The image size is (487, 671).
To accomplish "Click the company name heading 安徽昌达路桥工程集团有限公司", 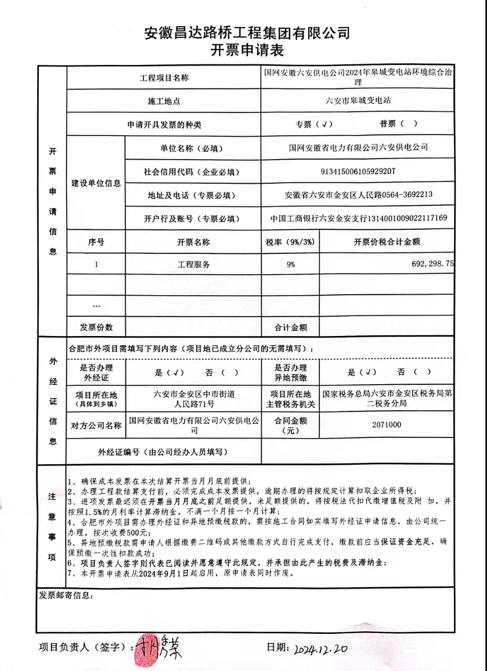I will pyautogui.click(x=247, y=34).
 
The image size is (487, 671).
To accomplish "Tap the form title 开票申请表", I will pyautogui.click(x=247, y=51).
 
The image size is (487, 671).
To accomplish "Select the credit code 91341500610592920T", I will pyautogui.click(x=358, y=171).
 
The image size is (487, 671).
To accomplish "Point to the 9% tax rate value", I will pyautogui.click(x=290, y=264).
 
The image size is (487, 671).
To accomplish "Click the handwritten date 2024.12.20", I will pyautogui.click(x=320, y=649).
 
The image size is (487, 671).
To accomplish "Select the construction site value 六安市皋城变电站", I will pyautogui.click(x=358, y=100).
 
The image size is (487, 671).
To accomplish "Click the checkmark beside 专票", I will pyautogui.click(x=326, y=124).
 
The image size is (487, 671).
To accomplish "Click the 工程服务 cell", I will pyautogui.click(x=193, y=264).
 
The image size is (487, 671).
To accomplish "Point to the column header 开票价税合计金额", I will pyautogui.click(x=387, y=241).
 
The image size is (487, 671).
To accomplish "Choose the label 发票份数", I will pyautogui.click(x=96, y=327).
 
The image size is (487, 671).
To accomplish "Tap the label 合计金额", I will pyautogui.click(x=290, y=328).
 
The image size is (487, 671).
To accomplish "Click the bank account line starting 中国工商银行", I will pyautogui.click(x=358, y=218).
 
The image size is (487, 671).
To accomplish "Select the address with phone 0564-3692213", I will pyautogui.click(x=358, y=195).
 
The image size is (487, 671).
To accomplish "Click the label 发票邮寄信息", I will pyautogui.click(x=66, y=596).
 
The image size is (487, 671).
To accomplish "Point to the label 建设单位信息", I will pyautogui.click(x=96, y=183).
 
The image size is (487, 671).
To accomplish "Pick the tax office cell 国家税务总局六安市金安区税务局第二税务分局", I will pyautogui.click(x=387, y=399).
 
